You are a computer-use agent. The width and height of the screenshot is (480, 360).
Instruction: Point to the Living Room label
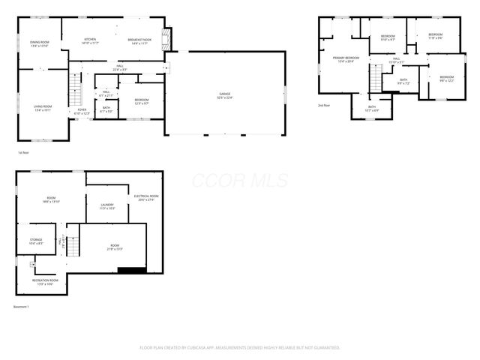coord(42,108)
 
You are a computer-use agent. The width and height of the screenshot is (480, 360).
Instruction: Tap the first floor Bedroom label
coord(142,101)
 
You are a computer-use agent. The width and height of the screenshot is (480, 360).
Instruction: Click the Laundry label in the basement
coord(106,205)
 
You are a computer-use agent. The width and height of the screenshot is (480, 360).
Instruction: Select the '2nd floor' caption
coord(325,105)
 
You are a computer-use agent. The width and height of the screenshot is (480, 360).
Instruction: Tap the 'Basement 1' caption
coord(22,307)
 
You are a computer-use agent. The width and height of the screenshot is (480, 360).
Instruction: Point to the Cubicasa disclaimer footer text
coord(240,347)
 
